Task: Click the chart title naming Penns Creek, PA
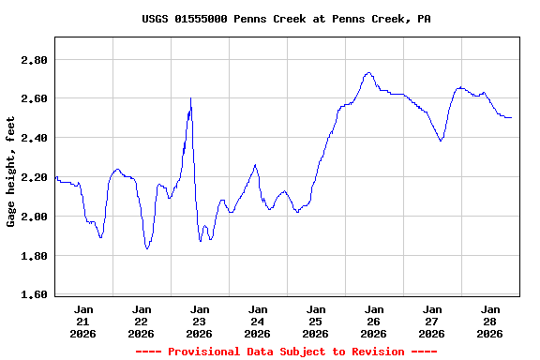pos(287,19)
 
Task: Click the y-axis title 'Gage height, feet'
pos(11,172)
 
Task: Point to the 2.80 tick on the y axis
pos(34,60)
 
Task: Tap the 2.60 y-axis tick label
pos(34,98)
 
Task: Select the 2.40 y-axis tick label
pos(34,138)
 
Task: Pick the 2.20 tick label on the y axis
pos(34,177)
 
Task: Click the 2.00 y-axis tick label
pos(34,217)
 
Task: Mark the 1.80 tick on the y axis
pos(34,256)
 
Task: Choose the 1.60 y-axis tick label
pos(34,295)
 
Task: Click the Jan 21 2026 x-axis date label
pos(83,321)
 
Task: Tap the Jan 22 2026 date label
pos(142,321)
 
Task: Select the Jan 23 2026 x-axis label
pos(200,321)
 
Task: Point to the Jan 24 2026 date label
pos(258,321)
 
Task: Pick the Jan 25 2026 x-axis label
pos(316,321)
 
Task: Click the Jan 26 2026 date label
pos(374,321)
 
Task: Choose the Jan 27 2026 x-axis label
pos(432,321)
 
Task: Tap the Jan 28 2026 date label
pos(490,321)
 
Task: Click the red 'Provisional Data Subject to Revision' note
pos(287,352)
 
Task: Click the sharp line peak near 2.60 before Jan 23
pos(191,98)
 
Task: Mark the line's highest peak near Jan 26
pos(369,72)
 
